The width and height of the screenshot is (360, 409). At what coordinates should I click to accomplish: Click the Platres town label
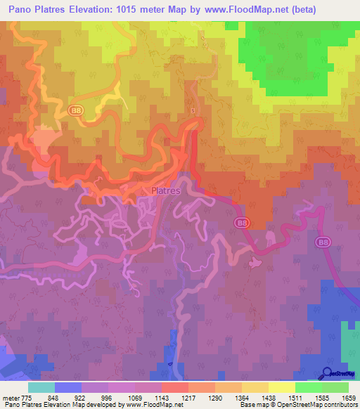(x=166, y=190)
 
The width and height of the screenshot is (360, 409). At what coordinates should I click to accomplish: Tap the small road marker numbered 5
(x=192, y=110)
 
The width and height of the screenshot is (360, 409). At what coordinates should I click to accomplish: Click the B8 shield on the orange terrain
(x=76, y=111)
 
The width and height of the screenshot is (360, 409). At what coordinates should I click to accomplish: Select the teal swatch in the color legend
(x=41, y=387)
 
